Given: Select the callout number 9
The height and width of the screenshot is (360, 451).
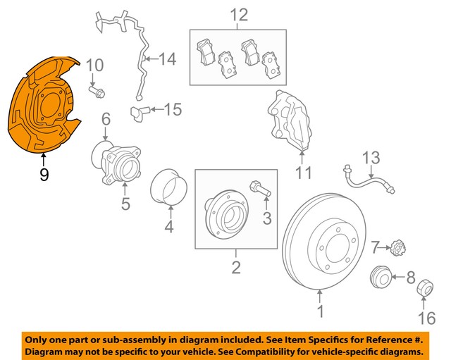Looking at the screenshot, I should point(44,174).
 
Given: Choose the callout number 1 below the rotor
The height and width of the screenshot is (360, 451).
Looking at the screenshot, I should point(321,310).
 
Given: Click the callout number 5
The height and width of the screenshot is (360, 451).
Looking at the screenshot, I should point(125,204).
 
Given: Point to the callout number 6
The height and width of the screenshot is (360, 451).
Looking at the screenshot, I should point(106,120).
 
